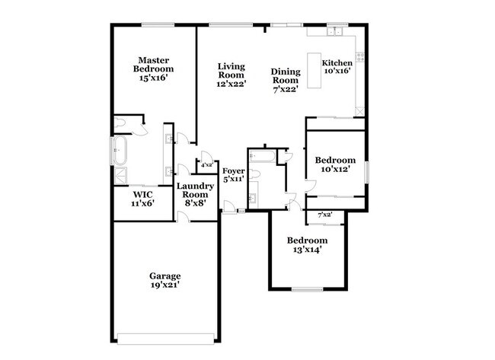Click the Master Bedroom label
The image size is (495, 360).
click(x=152, y=68)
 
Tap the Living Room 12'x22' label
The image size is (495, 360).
click(x=230, y=75)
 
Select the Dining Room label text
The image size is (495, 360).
click(x=286, y=79)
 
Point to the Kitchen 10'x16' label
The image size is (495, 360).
click(x=337, y=68)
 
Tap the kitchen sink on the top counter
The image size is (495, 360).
click(x=334, y=33)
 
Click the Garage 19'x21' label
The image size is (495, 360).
click(x=164, y=280)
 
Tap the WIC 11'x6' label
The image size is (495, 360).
click(x=139, y=199)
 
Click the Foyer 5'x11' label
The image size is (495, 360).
click(x=233, y=176)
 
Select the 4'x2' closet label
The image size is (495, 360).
click(x=206, y=164)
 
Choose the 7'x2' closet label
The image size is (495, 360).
click(x=325, y=215)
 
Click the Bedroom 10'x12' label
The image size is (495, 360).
click(x=335, y=164)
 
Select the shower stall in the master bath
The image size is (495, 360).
click(x=120, y=174)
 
